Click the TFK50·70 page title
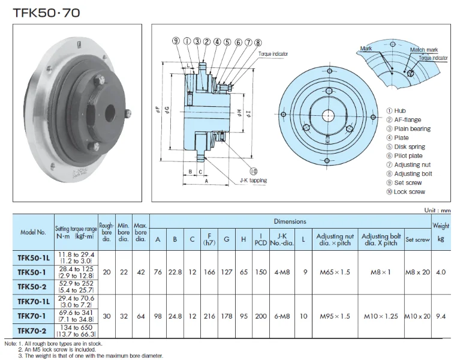tap(41, 11)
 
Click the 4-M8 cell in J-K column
tap(281, 272)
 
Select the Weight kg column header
tap(441, 232)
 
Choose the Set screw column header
tap(417, 239)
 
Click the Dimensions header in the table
tap(290, 221)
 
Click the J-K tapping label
tap(252, 180)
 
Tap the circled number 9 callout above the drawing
tap(176, 41)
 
